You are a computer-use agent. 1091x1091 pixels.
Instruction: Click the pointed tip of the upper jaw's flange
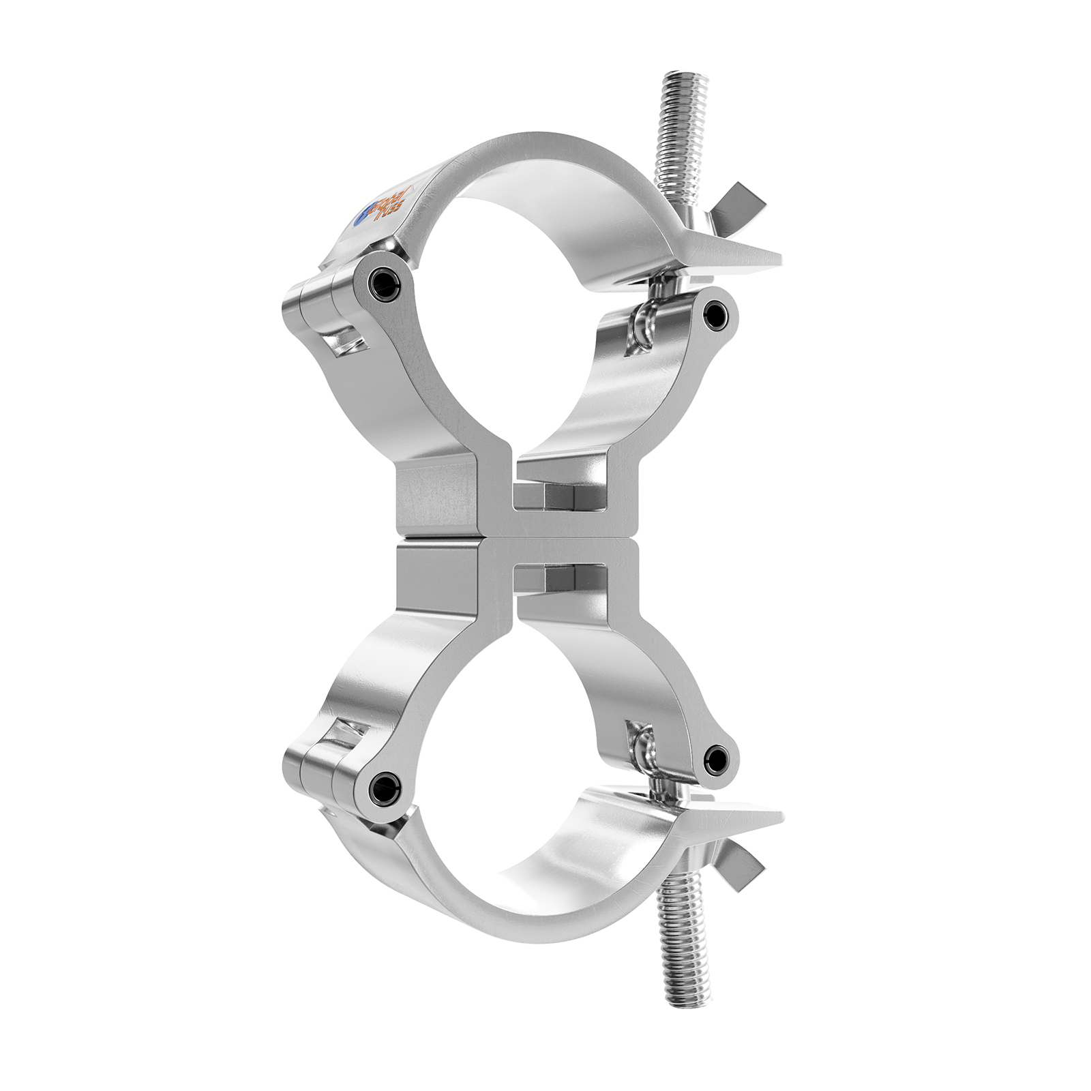click(777, 260)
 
